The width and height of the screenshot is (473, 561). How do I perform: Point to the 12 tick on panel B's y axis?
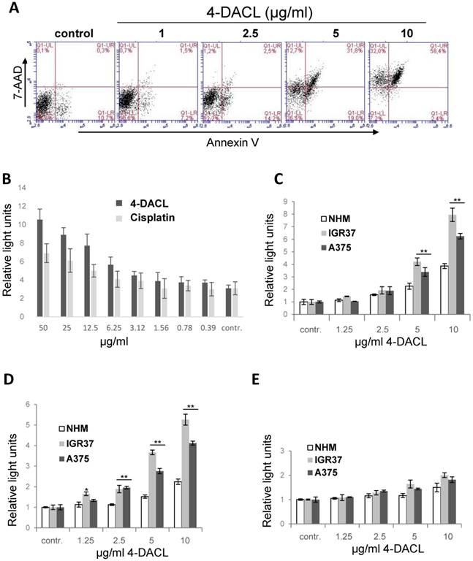[23, 187]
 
